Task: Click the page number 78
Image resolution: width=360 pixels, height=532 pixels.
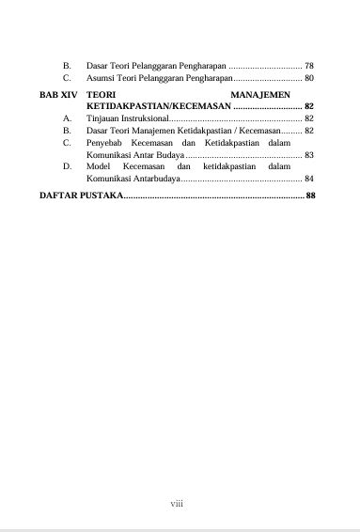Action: click(x=309, y=67)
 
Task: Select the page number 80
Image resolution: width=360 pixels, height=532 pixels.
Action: click(x=309, y=79)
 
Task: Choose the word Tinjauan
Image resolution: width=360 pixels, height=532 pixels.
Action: click(x=102, y=119)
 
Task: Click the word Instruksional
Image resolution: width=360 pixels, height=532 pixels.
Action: click(x=141, y=119)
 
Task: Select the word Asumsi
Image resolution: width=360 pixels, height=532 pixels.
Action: click(x=100, y=79)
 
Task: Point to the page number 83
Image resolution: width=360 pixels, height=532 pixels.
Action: click(x=309, y=154)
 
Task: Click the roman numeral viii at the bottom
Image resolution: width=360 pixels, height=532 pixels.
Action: click(x=176, y=504)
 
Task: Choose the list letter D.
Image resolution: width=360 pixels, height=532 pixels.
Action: click(x=68, y=165)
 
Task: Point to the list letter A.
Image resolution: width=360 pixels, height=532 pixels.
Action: click(x=68, y=119)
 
